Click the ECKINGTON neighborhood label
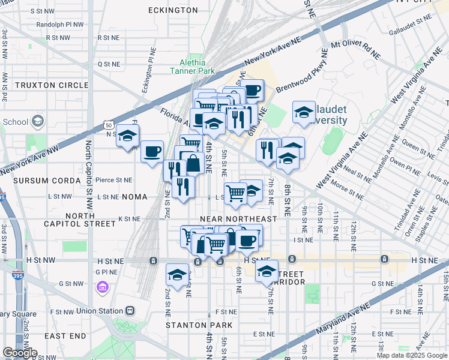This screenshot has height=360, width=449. click(173, 10)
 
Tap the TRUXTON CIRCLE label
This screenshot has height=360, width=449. click(52, 85)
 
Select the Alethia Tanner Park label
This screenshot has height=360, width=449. click(192, 66)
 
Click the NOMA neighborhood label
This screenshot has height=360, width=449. click(134, 196)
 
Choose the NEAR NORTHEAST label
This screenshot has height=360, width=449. click(238, 219)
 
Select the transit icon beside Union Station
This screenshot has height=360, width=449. click(130, 311)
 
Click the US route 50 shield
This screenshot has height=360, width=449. click(108, 125)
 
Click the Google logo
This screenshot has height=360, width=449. click(19, 353)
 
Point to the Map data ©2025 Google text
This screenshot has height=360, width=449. click(412, 355)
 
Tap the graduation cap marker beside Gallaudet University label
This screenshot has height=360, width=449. click(304, 112)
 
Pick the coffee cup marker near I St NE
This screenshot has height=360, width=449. click(247, 240)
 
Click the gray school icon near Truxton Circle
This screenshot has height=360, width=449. click(38, 121)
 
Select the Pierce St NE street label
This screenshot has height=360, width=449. click(113, 179)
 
